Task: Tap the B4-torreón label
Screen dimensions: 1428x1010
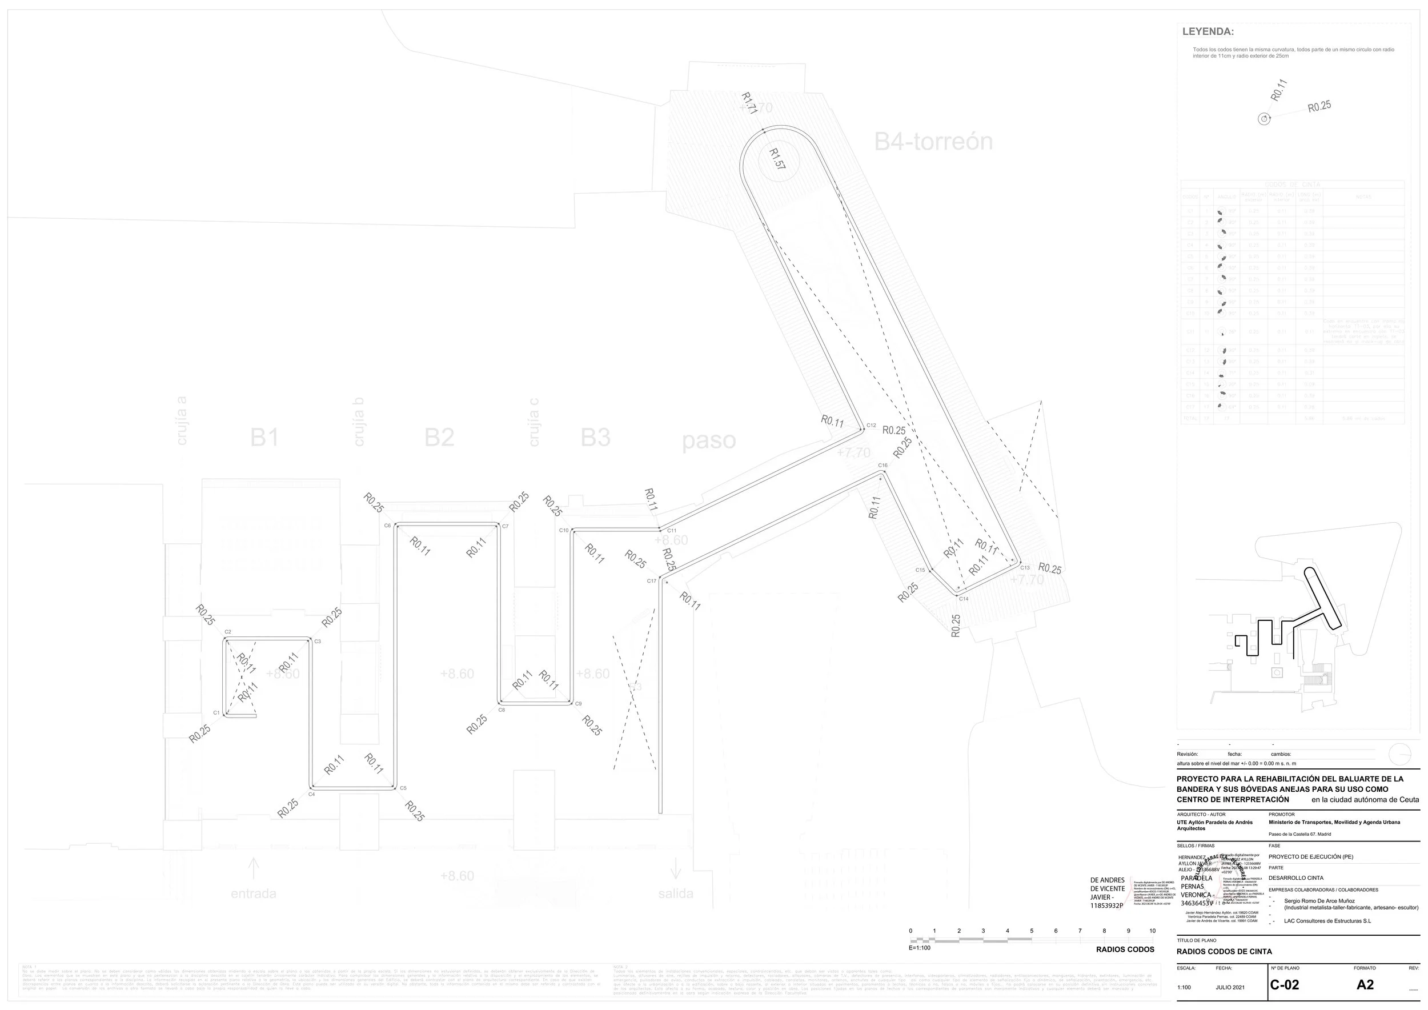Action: click(933, 142)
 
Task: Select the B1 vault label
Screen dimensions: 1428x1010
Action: click(264, 438)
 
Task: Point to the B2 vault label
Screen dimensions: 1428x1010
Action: click(439, 438)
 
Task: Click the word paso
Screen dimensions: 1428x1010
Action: click(708, 441)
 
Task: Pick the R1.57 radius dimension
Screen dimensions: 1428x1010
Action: click(777, 159)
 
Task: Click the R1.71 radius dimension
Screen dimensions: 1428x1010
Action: click(749, 103)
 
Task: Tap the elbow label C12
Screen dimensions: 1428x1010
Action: click(871, 426)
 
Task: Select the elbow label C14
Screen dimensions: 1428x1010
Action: click(964, 599)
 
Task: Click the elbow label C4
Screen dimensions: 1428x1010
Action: click(312, 794)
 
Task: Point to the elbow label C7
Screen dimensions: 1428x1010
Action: click(505, 526)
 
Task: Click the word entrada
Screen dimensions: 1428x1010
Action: click(253, 893)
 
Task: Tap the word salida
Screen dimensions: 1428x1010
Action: click(675, 893)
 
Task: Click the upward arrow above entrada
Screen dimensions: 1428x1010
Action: click(253, 867)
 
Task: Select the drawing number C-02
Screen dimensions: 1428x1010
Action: click(1283, 984)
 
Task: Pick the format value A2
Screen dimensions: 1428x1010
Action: click(1365, 984)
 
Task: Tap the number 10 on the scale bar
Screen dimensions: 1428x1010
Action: click(1152, 931)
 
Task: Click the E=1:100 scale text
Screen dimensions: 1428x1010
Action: click(920, 948)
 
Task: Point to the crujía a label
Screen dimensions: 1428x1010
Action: click(182, 421)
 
